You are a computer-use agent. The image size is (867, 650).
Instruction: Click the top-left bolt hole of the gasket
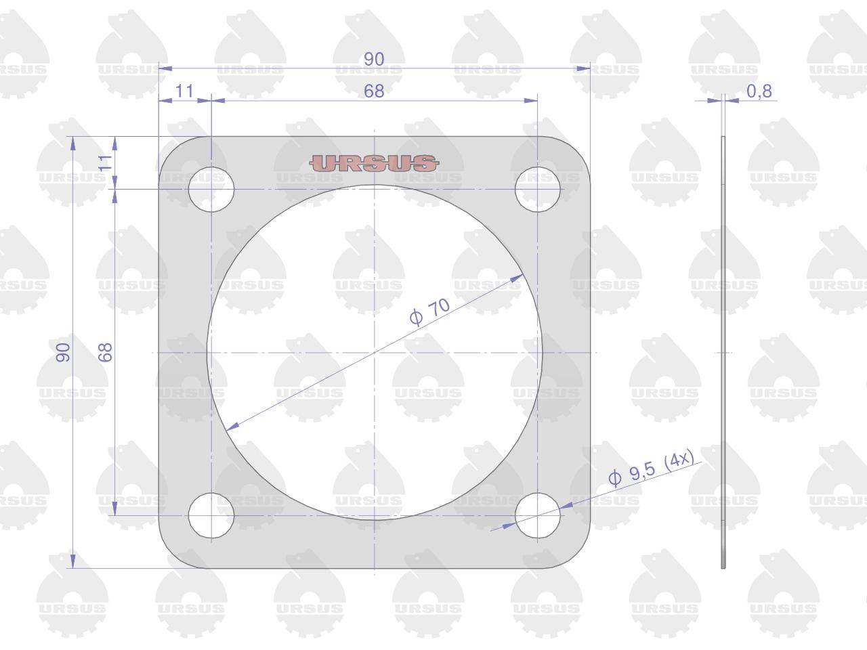pos(211,190)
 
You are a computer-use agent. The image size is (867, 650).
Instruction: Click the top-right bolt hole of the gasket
pos(538,190)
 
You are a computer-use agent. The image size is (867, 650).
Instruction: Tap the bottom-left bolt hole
pos(211,515)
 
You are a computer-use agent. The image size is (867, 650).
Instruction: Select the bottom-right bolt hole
pos(538,515)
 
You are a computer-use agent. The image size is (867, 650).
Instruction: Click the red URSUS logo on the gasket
pos(374,163)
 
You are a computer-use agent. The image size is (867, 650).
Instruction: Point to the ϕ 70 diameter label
pos(429,311)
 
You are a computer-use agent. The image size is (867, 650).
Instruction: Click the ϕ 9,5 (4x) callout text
pos(652,468)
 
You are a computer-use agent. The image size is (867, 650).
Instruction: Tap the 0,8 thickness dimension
pos(759,91)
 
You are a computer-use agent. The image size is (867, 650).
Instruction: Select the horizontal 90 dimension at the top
pos(374,59)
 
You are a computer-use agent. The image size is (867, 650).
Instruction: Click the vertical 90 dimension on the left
pos(63,352)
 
